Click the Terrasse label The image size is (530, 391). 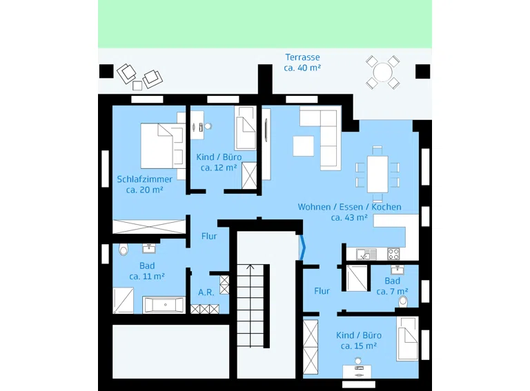[302, 57]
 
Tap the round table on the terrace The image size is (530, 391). [382, 72]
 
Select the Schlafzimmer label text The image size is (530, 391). [144, 179]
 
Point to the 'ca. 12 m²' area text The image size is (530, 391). [219, 168]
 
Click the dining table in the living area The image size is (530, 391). [377, 174]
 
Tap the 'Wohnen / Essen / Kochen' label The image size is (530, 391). [349, 207]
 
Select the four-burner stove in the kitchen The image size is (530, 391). [393, 254]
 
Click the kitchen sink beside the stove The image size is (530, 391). [366, 254]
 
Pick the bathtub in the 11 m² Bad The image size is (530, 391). [164, 305]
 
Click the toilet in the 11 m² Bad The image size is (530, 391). [124, 249]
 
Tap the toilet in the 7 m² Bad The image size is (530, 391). [403, 301]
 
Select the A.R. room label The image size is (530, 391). [206, 292]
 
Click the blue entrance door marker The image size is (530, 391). [302, 248]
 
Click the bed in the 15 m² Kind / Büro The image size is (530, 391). [407, 339]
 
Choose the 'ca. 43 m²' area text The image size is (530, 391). [349, 218]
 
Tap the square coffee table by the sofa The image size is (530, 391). [303, 146]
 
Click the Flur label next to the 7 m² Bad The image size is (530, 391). [322, 291]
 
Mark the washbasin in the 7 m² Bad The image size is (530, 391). [397, 270]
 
